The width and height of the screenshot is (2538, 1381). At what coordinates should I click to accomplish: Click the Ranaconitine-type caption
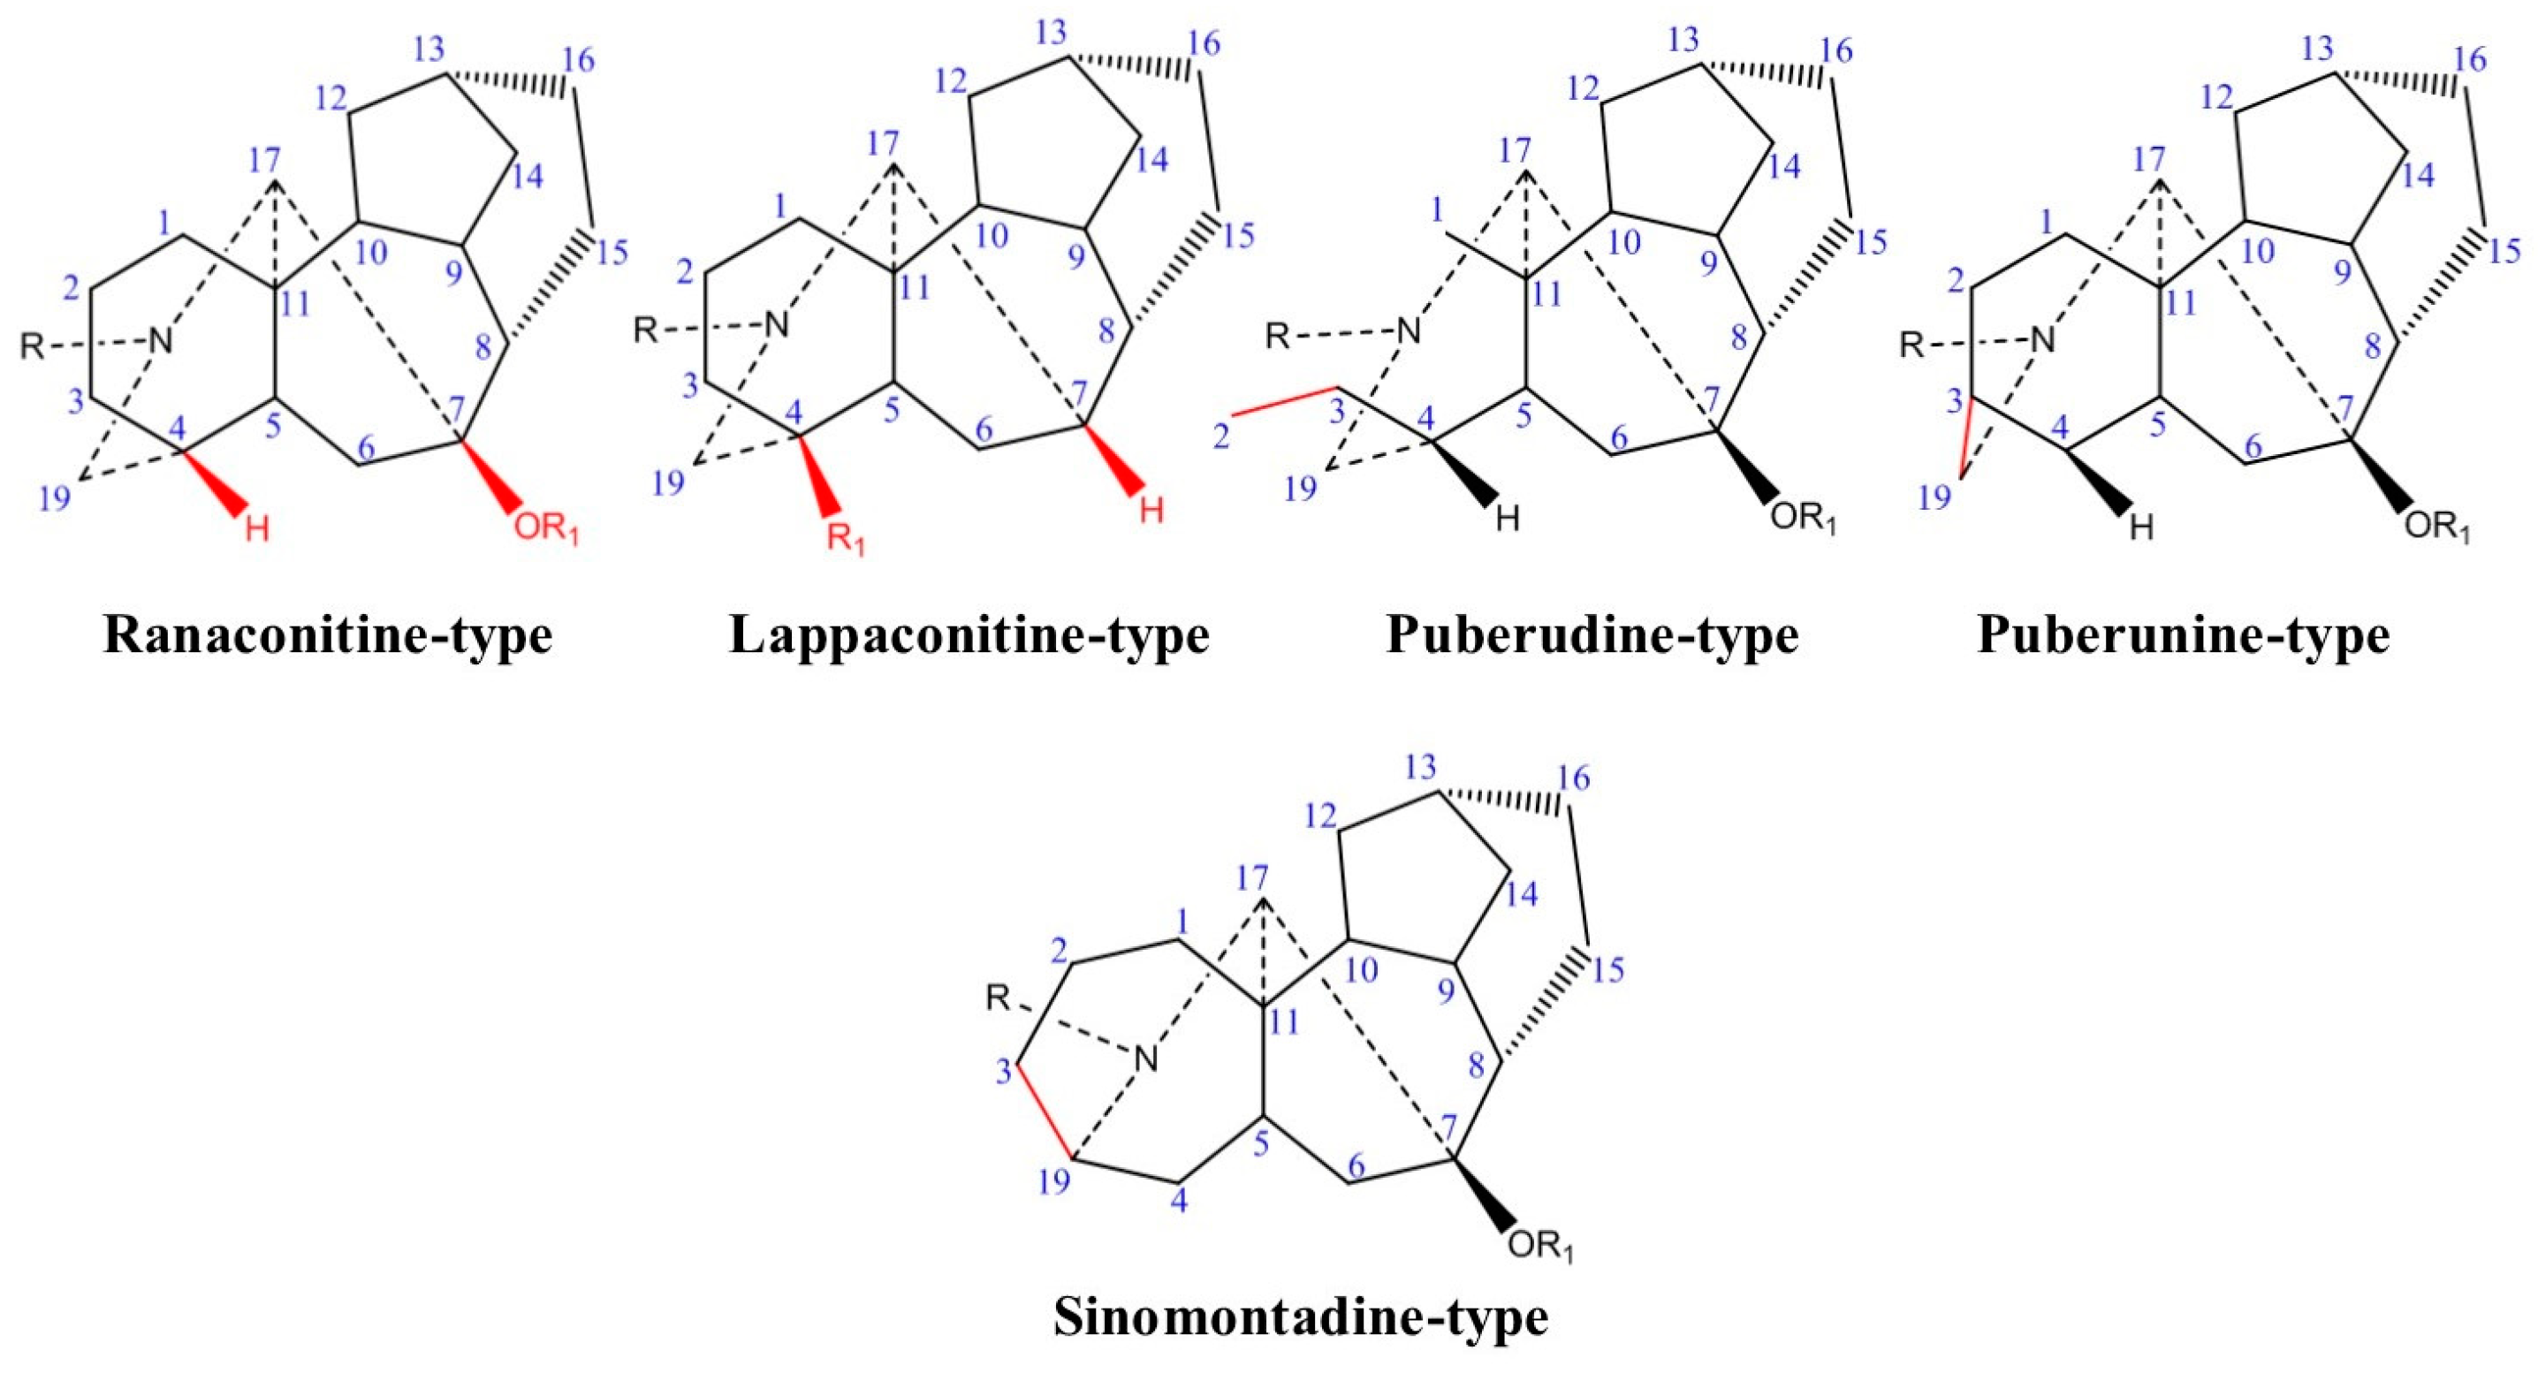pyautogui.click(x=328, y=636)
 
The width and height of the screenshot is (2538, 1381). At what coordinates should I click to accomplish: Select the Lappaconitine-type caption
pyautogui.click(x=969, y=636)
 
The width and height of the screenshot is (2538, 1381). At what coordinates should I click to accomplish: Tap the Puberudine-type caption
pyautogui.click(x=1593, y=636)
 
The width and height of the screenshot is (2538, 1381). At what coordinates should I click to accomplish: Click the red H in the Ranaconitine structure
pyautogui.click(x=257, y=529)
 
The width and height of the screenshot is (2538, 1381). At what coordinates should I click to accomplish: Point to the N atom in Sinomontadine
pyautogui.click(x=1144, y=1060)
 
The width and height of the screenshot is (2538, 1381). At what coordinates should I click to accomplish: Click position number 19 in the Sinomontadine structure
pyautogui.click(x=1054, y=1181)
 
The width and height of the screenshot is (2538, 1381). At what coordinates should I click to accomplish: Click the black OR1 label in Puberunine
pyautogui.click(x=2438, y=527)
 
